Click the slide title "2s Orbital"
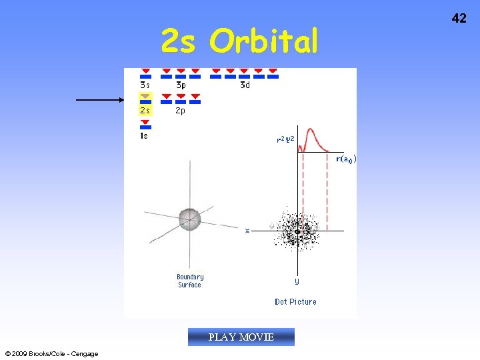(240, 41)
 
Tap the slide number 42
(459, 18)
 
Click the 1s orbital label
(144, 136)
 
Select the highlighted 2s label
(145, 111)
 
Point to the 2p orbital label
(181, 111)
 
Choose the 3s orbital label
(145, 85)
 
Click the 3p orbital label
(181, 85)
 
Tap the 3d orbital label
(245, 85)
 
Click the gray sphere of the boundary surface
(189, 218)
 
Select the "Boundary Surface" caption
(190, 281)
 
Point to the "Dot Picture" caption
(295, 302)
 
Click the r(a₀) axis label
(346, 159)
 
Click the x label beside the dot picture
(247, 231)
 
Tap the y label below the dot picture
(297, 281)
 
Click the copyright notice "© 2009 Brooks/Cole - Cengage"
(51, 354)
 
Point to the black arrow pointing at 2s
(100, 100)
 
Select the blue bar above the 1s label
(146, 127)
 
